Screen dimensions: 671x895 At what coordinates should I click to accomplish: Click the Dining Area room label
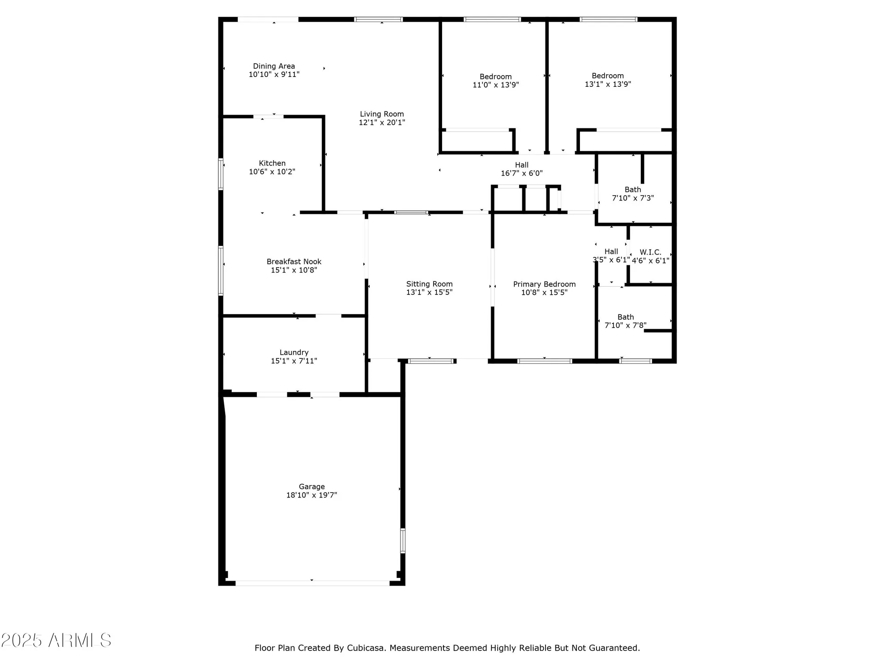(274, 66)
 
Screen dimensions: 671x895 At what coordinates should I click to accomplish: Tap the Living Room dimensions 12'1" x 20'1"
(382, 123)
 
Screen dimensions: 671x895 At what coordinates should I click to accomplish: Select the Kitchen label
(272, 163)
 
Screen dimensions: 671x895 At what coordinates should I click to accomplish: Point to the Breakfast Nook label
(294, 262)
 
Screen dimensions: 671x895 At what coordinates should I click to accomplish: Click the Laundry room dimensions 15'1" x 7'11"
(294, 361)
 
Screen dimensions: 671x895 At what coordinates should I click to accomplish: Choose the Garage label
(312, 487)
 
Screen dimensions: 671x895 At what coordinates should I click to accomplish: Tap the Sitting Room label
(429, 284)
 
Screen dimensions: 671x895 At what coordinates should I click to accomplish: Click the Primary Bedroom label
(544, 284)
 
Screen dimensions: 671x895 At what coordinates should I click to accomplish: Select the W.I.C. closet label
(650, 252)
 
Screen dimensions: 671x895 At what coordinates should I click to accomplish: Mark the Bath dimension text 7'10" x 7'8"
(625, 326)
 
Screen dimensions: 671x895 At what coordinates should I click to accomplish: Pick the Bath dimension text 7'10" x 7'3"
(633, 198)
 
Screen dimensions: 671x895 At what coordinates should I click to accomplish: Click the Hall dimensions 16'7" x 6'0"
(522, 174)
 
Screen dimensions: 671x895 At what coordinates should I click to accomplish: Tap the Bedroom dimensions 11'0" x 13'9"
(496, 85)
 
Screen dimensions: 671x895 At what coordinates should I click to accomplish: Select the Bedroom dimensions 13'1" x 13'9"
(608, 84)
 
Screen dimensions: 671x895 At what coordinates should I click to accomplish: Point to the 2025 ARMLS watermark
(56, 641)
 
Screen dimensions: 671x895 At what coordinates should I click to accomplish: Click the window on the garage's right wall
(403, 540)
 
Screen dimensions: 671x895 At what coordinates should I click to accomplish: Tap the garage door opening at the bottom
(312, 583)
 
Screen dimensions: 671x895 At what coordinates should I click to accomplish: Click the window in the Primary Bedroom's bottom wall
(545, 361)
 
